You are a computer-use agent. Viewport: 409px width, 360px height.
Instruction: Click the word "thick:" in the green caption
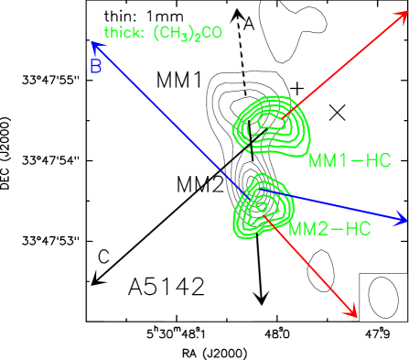(124, 34)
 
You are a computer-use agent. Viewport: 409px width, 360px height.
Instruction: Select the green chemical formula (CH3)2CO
(188, 34)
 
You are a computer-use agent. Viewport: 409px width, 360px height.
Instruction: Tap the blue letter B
(95, 66)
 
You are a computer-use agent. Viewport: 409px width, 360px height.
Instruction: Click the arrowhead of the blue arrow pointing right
(401, 220)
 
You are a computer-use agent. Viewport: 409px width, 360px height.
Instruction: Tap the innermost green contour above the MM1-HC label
(272, 118)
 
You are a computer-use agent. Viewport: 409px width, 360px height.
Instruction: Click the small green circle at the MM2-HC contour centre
(262, 208)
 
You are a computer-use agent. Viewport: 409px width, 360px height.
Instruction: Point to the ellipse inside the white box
(383, 298)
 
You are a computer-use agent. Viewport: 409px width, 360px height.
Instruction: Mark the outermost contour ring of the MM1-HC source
(236, 128)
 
